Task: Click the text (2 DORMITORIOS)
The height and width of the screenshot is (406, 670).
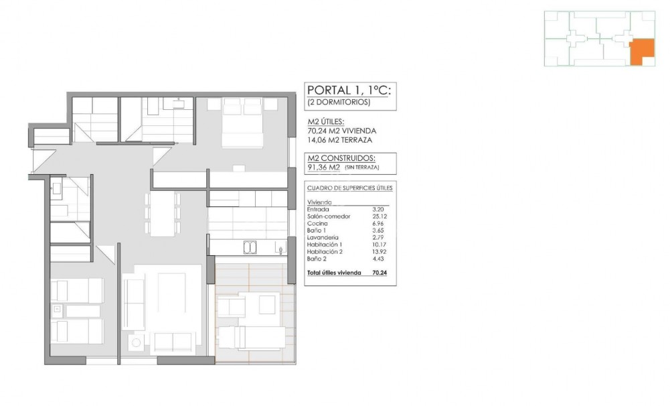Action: (339, 103)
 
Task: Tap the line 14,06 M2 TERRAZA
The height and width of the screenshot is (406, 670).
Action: (340, 140)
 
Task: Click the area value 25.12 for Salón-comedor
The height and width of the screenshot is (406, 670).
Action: (380, 216)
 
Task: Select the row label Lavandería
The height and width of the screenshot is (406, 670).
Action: (323, 238)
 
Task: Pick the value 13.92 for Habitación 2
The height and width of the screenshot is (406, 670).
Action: (380, 251)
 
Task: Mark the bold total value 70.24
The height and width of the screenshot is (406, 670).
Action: (380, 273)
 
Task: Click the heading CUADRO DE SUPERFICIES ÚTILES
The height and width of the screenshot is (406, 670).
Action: (349, 188)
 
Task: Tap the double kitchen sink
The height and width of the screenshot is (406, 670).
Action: (250, 248)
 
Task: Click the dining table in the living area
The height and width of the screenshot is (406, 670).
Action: (163, 214)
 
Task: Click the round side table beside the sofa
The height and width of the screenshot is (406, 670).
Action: (137, 342)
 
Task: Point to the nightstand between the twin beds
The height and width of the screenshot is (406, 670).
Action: (58, 310)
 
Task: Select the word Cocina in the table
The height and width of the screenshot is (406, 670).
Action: (318, 223)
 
